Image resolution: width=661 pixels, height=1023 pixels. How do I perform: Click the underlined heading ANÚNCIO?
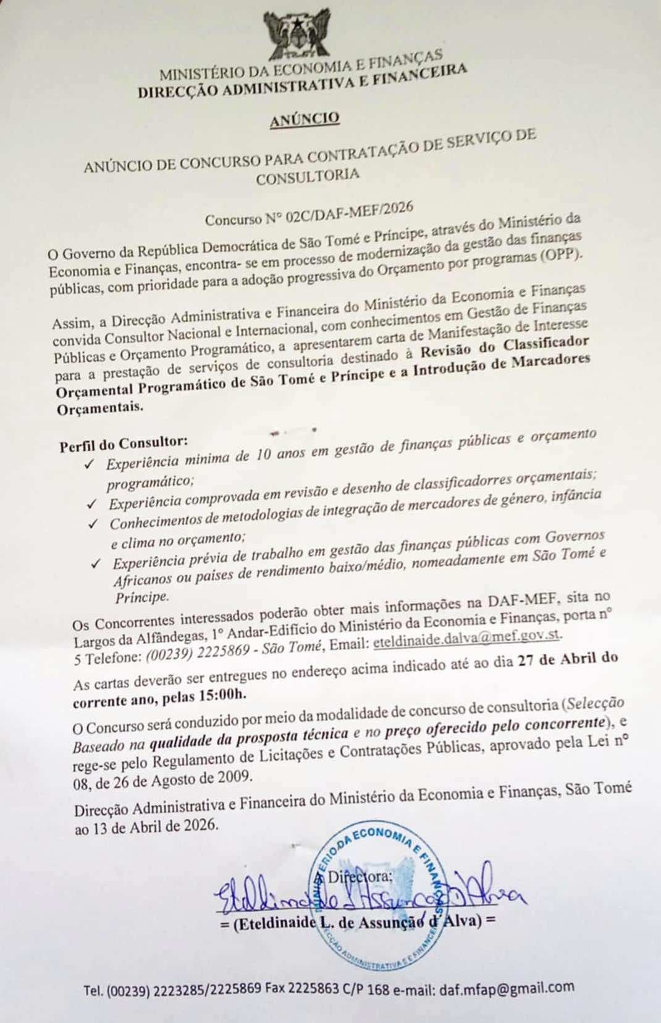pyautogui.click(x=304, y=119)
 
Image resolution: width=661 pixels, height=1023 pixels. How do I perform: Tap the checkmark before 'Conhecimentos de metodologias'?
pyautogui.click(x=93, y=524)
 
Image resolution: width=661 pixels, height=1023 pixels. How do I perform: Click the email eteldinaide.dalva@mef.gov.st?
pyautogui.click(x=468, y=638)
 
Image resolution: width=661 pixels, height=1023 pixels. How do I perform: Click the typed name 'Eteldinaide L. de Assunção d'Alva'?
pyautogui.click(x=358, y=922)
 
